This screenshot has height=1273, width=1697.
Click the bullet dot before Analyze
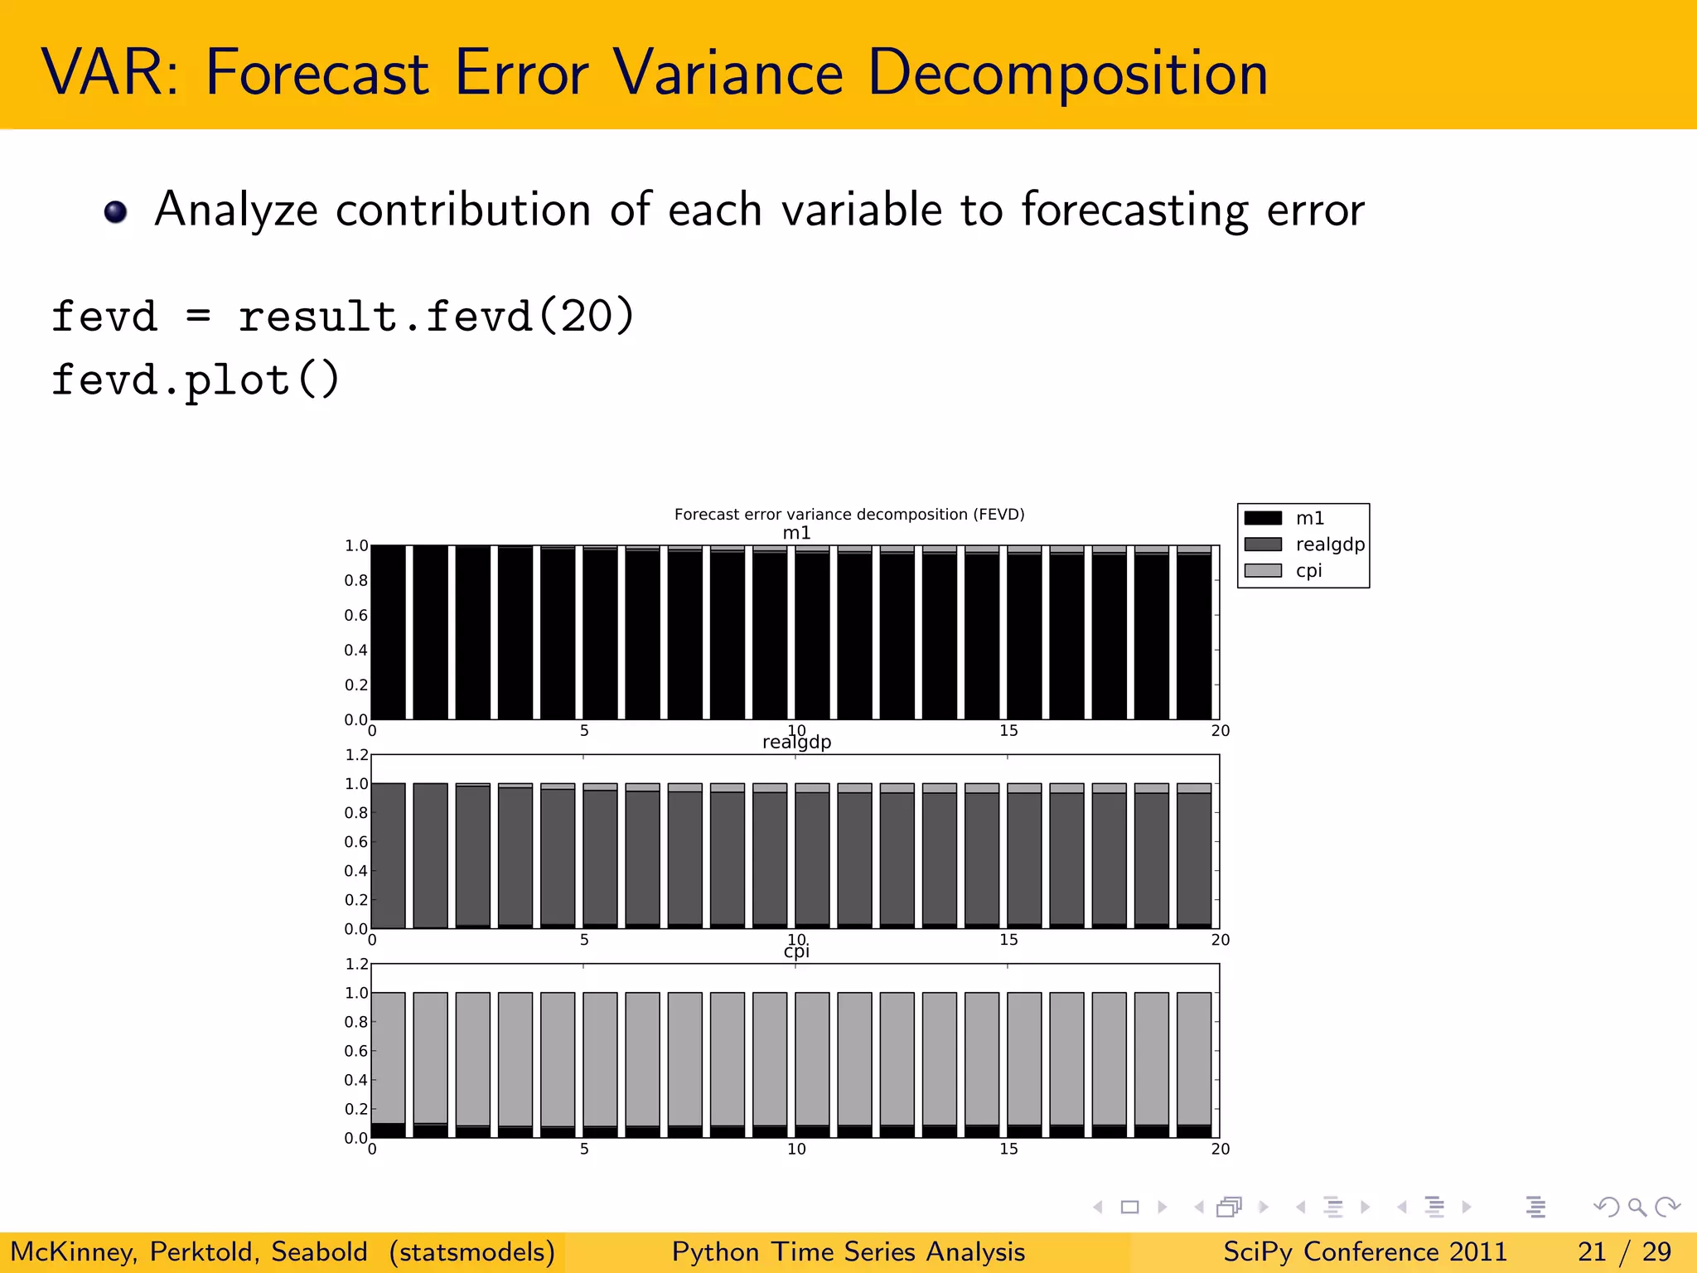coord(116,212)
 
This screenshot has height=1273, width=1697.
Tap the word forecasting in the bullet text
coord(1134,211)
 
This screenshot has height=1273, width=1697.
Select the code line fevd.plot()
coord(196,381)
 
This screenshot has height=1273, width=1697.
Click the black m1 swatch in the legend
coord(1263,518)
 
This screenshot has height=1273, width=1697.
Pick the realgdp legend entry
coord(1329,545)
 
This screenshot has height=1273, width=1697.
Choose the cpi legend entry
coord(1308,571)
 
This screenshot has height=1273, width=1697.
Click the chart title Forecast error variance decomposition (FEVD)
coord(849,514)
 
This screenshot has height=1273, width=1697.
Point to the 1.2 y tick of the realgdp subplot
coord(356,755)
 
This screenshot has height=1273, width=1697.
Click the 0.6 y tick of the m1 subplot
coord(355,615)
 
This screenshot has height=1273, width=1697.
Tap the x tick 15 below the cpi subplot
coord(1008,1149)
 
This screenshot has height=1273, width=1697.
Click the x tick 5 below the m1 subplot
coord(584,731)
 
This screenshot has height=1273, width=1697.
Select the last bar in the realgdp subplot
coord(1194,858)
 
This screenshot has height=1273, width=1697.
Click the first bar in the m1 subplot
coord(389,632)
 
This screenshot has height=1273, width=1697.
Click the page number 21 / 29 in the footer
coord(1624,1251)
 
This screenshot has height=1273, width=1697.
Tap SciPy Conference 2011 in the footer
coord(1365,1251)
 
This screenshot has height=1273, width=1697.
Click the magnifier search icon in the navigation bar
coord(1637,1207)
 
